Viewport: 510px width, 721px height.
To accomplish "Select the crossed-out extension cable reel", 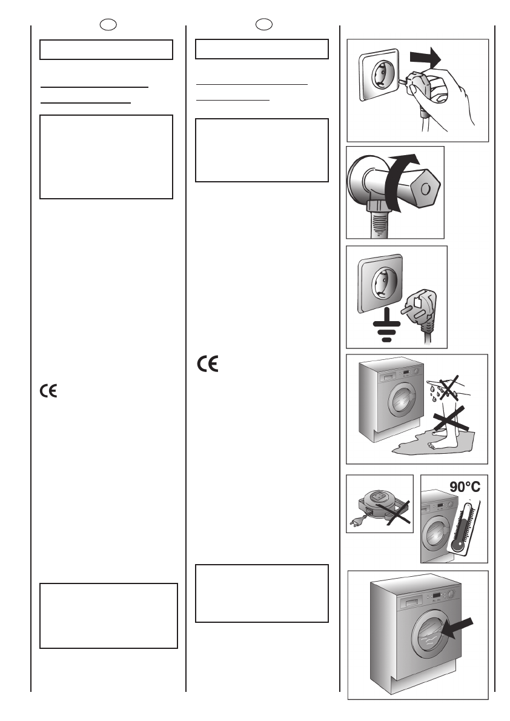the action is coord(378,503).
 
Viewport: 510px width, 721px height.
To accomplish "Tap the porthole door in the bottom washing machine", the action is coord(428,633).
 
